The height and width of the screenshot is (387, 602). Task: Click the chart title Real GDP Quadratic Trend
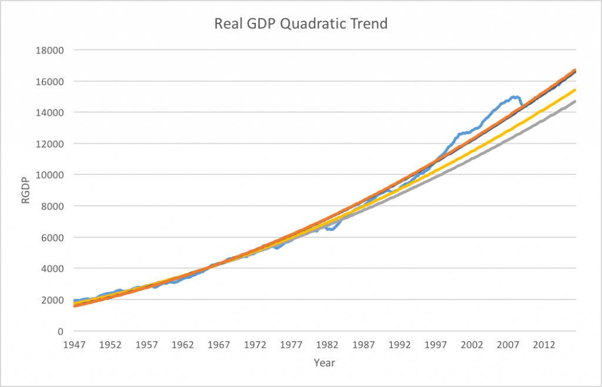[x=300, y=25]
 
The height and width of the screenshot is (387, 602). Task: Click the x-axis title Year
[x=325, y=362]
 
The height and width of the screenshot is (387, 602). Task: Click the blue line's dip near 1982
[x=331, y=229]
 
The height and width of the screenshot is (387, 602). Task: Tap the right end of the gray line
[x=576, y=101]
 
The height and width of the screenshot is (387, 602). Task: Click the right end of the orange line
[x=576, y=70]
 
